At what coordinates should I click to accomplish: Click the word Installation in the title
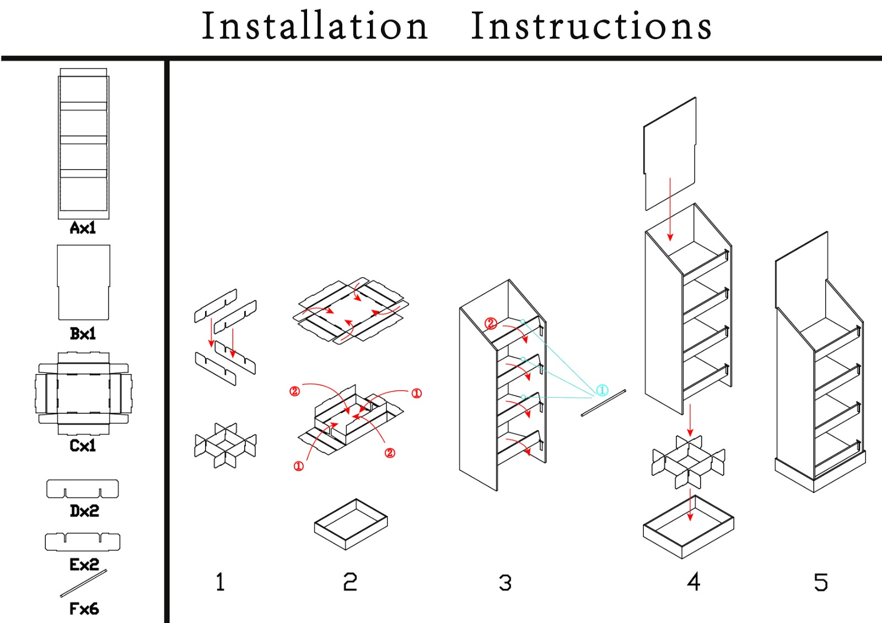pos(315,26)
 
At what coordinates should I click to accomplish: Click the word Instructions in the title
pos(591,26)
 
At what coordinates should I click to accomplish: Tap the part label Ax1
pos(83,227)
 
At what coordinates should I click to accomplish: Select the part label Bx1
pos(83,333)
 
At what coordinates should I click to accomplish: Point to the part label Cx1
pos(83,445)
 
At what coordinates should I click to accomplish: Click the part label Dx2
pos(84,511)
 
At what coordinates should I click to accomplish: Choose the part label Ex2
pos(84,564)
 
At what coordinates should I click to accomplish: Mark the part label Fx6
pos(84,609)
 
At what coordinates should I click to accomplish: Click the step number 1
pos(220,582)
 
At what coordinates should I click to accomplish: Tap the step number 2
pos(350,582)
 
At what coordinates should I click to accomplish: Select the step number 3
pos(505,583)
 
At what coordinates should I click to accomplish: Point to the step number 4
pos(693,582)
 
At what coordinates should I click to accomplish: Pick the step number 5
pos(821,582)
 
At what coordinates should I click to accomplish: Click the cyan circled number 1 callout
pos(602,391)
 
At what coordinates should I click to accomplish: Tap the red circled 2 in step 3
pos(491,323)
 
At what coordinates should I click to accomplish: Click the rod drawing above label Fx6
pos(83,583)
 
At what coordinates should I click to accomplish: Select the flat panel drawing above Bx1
pos(84,282)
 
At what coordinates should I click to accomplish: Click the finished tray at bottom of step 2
pos(351,524)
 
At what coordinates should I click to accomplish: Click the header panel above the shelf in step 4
pos(669,154)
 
